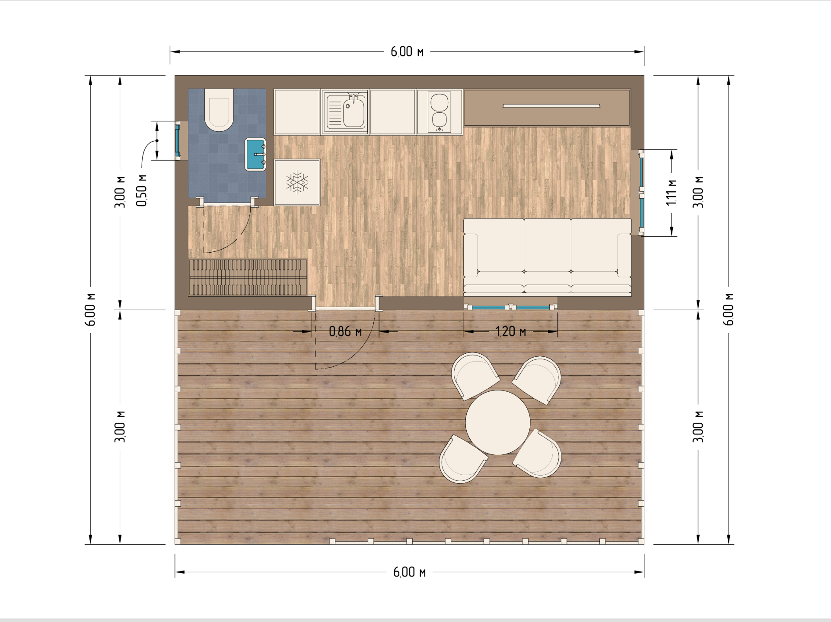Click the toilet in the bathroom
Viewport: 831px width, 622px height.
[x=219, y=110]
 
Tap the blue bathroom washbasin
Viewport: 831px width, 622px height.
[x=255, y=154]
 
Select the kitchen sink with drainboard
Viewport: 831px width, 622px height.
[x=345, y=112]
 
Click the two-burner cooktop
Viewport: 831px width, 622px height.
[x=439, y=112]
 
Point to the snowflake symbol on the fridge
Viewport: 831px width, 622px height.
[x=297, y=182]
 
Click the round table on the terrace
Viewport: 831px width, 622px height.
[x=498, y=422]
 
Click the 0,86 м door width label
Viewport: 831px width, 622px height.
[x=345, y=331]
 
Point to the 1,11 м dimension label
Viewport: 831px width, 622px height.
[x=671, y=192]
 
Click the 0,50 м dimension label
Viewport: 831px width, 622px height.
[x=141, y=190]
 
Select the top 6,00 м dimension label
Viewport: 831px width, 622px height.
[x=407, y=52]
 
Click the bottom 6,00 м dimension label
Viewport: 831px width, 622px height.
[x=409, y=572]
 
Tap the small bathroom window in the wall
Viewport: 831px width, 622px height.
[x=177, y=141]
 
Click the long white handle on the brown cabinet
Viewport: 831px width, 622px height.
[x=551, y=106]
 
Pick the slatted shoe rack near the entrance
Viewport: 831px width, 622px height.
[x=248, y=277]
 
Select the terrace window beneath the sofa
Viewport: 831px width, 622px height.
[x=510, y=307]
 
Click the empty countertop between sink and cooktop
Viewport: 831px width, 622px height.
[x=392, y=112]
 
